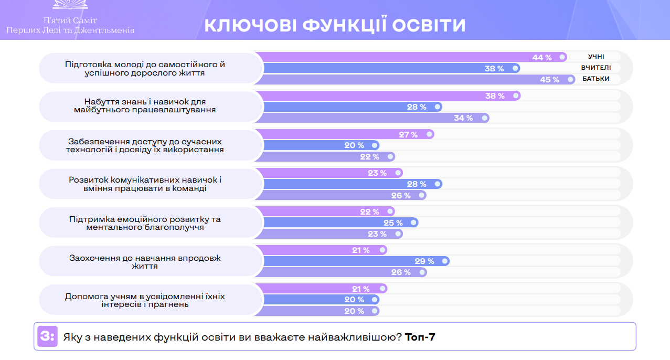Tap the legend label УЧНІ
click(596, 57)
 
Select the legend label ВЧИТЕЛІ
click(595, 68)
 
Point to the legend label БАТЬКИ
click(595, 79)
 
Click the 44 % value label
click(542, 58)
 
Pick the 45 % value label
click(549, 80)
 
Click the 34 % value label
click(463, 118)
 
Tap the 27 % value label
click(408, 135)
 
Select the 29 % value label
click(424, 261)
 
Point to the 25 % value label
click(392, 223)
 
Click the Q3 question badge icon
click(47, 336)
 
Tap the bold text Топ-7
click(420, 337)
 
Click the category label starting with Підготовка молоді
click(145, 69)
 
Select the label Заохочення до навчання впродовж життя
click(145, 262)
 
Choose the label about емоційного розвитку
click(145, 223)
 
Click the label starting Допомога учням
click(145, 300)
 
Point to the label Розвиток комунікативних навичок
click(145, 184)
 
